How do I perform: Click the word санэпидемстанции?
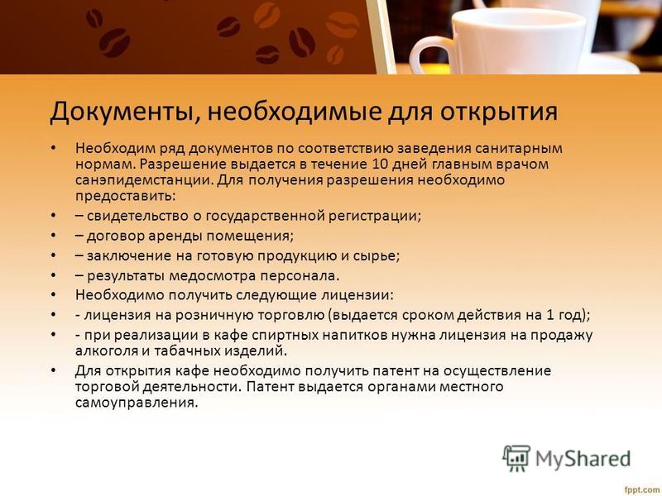(144, 180)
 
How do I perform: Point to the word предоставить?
(125, 197)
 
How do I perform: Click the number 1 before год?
(549, 316)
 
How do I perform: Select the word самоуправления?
(137, 403)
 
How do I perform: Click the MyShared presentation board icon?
(516, 458)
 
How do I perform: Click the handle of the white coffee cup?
(427, 55)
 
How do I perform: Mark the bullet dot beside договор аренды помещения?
(53, 236)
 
